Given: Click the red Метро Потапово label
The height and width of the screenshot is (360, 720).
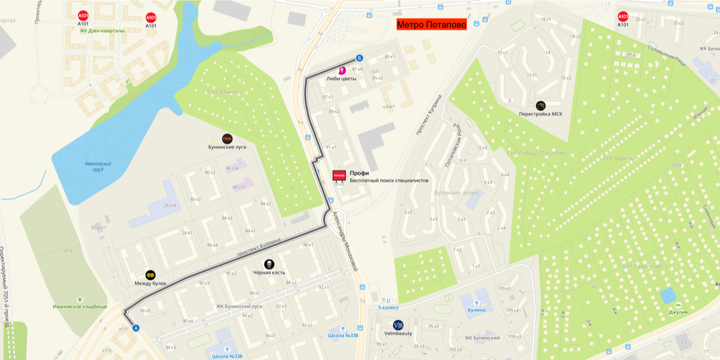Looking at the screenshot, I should pyautogui.click(x=431, y=25).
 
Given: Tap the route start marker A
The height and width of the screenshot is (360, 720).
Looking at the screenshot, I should pyautogui.click(x=136, y=328).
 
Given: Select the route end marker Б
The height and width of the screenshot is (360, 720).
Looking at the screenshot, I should pyautogui.click(x=359, y=58).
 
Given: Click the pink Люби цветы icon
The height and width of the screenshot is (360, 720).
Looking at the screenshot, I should pyautogui.click(x=343, y=70).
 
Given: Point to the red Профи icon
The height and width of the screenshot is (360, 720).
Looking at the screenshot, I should pyautogui.click(x=339, y=175).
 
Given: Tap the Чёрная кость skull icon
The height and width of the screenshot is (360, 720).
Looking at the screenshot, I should pyautogui.click(x=269, y=264).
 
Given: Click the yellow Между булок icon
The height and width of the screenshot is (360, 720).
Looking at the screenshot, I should pyautogui.click(x=151, y=274).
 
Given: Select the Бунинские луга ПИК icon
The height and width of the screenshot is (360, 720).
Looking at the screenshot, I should pyautogui.click(x=227, y=138).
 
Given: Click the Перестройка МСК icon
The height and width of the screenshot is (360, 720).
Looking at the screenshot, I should pyautogui.click(x=541, y=106).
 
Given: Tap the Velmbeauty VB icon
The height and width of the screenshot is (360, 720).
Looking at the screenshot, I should pyautogui.click(x=398, y=325).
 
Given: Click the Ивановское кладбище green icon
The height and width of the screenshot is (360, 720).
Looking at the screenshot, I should pyautogui.click(x=80, y=299).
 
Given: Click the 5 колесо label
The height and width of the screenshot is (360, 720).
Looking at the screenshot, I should pyautogui.click(x=388, y=308).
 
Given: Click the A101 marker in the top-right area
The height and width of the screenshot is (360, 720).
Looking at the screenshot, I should pyautogui.click(x=623, y=17).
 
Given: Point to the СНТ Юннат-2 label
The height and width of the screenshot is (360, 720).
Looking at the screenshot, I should pyautogui.click(x=224, y=92).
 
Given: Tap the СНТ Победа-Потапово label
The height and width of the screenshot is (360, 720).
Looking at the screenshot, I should pyautogui.click(x=536, y=154).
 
